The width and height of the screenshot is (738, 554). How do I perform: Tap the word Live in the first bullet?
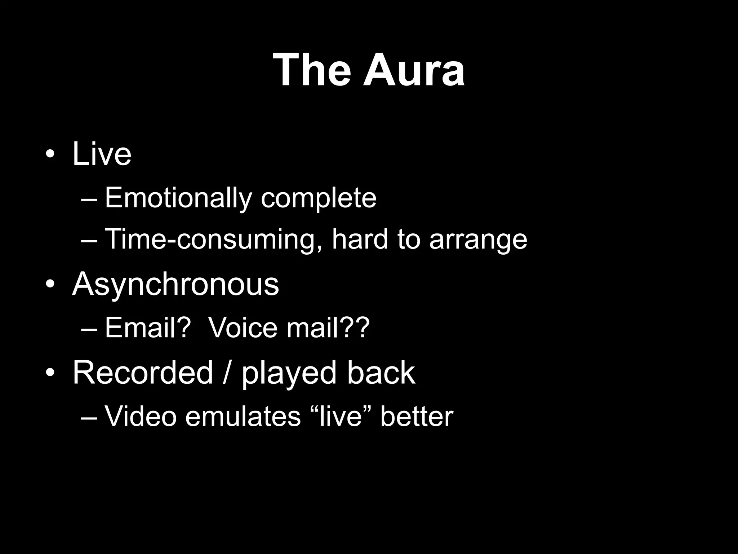click(102, 154)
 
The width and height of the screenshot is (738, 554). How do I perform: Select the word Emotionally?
click(178, 198)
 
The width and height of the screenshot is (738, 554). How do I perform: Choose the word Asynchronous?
click(175, 285)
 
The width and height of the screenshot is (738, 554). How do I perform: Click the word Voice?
click(243, 328)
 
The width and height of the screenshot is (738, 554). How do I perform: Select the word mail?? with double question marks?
click(328, 328)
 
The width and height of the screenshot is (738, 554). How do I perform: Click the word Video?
click(141, 417)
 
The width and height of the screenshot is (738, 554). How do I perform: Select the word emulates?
click(243, 417)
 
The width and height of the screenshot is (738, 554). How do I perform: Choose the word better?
click(417, 417)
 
